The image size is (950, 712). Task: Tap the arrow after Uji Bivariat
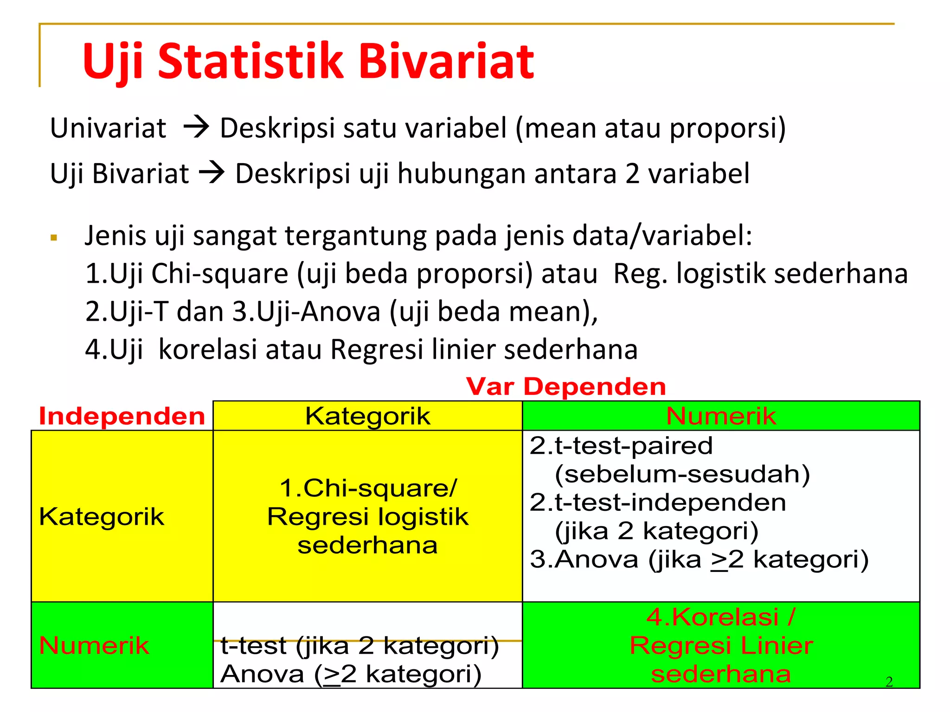[x=212, y=173]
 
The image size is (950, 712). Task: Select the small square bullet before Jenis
[x=54, y=238]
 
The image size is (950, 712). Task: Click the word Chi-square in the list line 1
[x=220, y=273]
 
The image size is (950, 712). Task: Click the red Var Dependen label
[x=566, y=387]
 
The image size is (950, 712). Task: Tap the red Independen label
[x=122, y=416]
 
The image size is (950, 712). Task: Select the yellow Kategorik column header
[x=367, y=416]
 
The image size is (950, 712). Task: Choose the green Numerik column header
[x=721, y=416]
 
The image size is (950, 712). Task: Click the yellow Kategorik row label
[x=102, y=516]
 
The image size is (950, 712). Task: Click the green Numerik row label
[x=94, y=645]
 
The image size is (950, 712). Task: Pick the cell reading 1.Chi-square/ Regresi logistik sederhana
[x=367, y=516]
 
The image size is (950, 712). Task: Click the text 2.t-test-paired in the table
[x=621, y=445]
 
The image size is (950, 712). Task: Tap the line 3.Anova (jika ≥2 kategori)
[x=699, y=559]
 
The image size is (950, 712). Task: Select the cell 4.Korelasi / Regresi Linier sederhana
[x=721, y=645]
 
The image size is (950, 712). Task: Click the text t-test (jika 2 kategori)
[x=359, y=646]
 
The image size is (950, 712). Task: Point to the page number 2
[x=889, y=681]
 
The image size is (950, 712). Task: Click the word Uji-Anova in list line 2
[x=318, y=311]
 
